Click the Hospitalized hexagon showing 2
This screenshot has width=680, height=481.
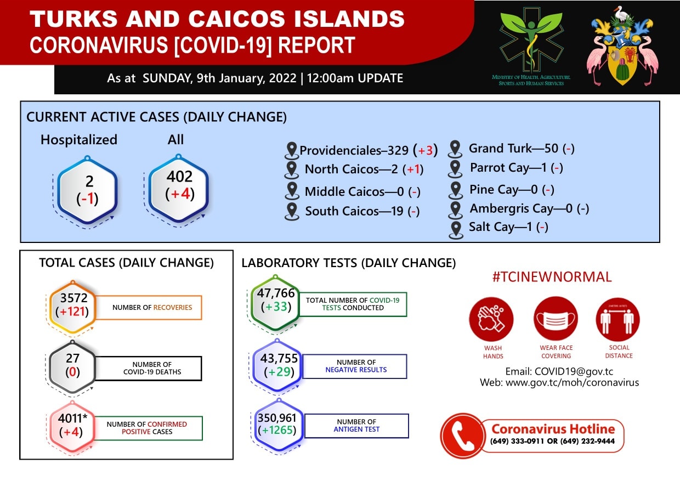coord(87,190)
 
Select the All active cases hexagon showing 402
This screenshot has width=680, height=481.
coord(179,188)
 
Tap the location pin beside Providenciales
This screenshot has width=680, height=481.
coord(292,150)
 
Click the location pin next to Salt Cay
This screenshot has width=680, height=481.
coord(456,230)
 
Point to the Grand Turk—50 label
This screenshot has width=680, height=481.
coord(513,149)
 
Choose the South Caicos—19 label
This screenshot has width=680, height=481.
coord(354,211)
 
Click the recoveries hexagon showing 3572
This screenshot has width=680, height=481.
coord(73,307)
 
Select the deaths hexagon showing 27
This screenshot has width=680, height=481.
coord(72,367)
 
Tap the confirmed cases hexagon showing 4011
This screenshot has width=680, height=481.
coord(72,426)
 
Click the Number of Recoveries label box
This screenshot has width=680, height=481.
coord(149,307)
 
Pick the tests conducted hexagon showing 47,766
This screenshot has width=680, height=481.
coord(275,302)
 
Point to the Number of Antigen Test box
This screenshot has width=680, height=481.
coord(356,426)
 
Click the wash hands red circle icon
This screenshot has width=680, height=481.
coord(491,319)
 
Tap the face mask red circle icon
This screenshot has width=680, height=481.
coord(556,319)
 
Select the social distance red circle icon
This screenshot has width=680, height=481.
coord(618,319)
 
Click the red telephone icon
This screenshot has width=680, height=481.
coord(463,436)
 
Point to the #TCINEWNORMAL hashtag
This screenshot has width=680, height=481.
coord(552,277)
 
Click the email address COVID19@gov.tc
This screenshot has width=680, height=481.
coord(574,371)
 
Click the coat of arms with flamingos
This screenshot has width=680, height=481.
coord(623,46)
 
